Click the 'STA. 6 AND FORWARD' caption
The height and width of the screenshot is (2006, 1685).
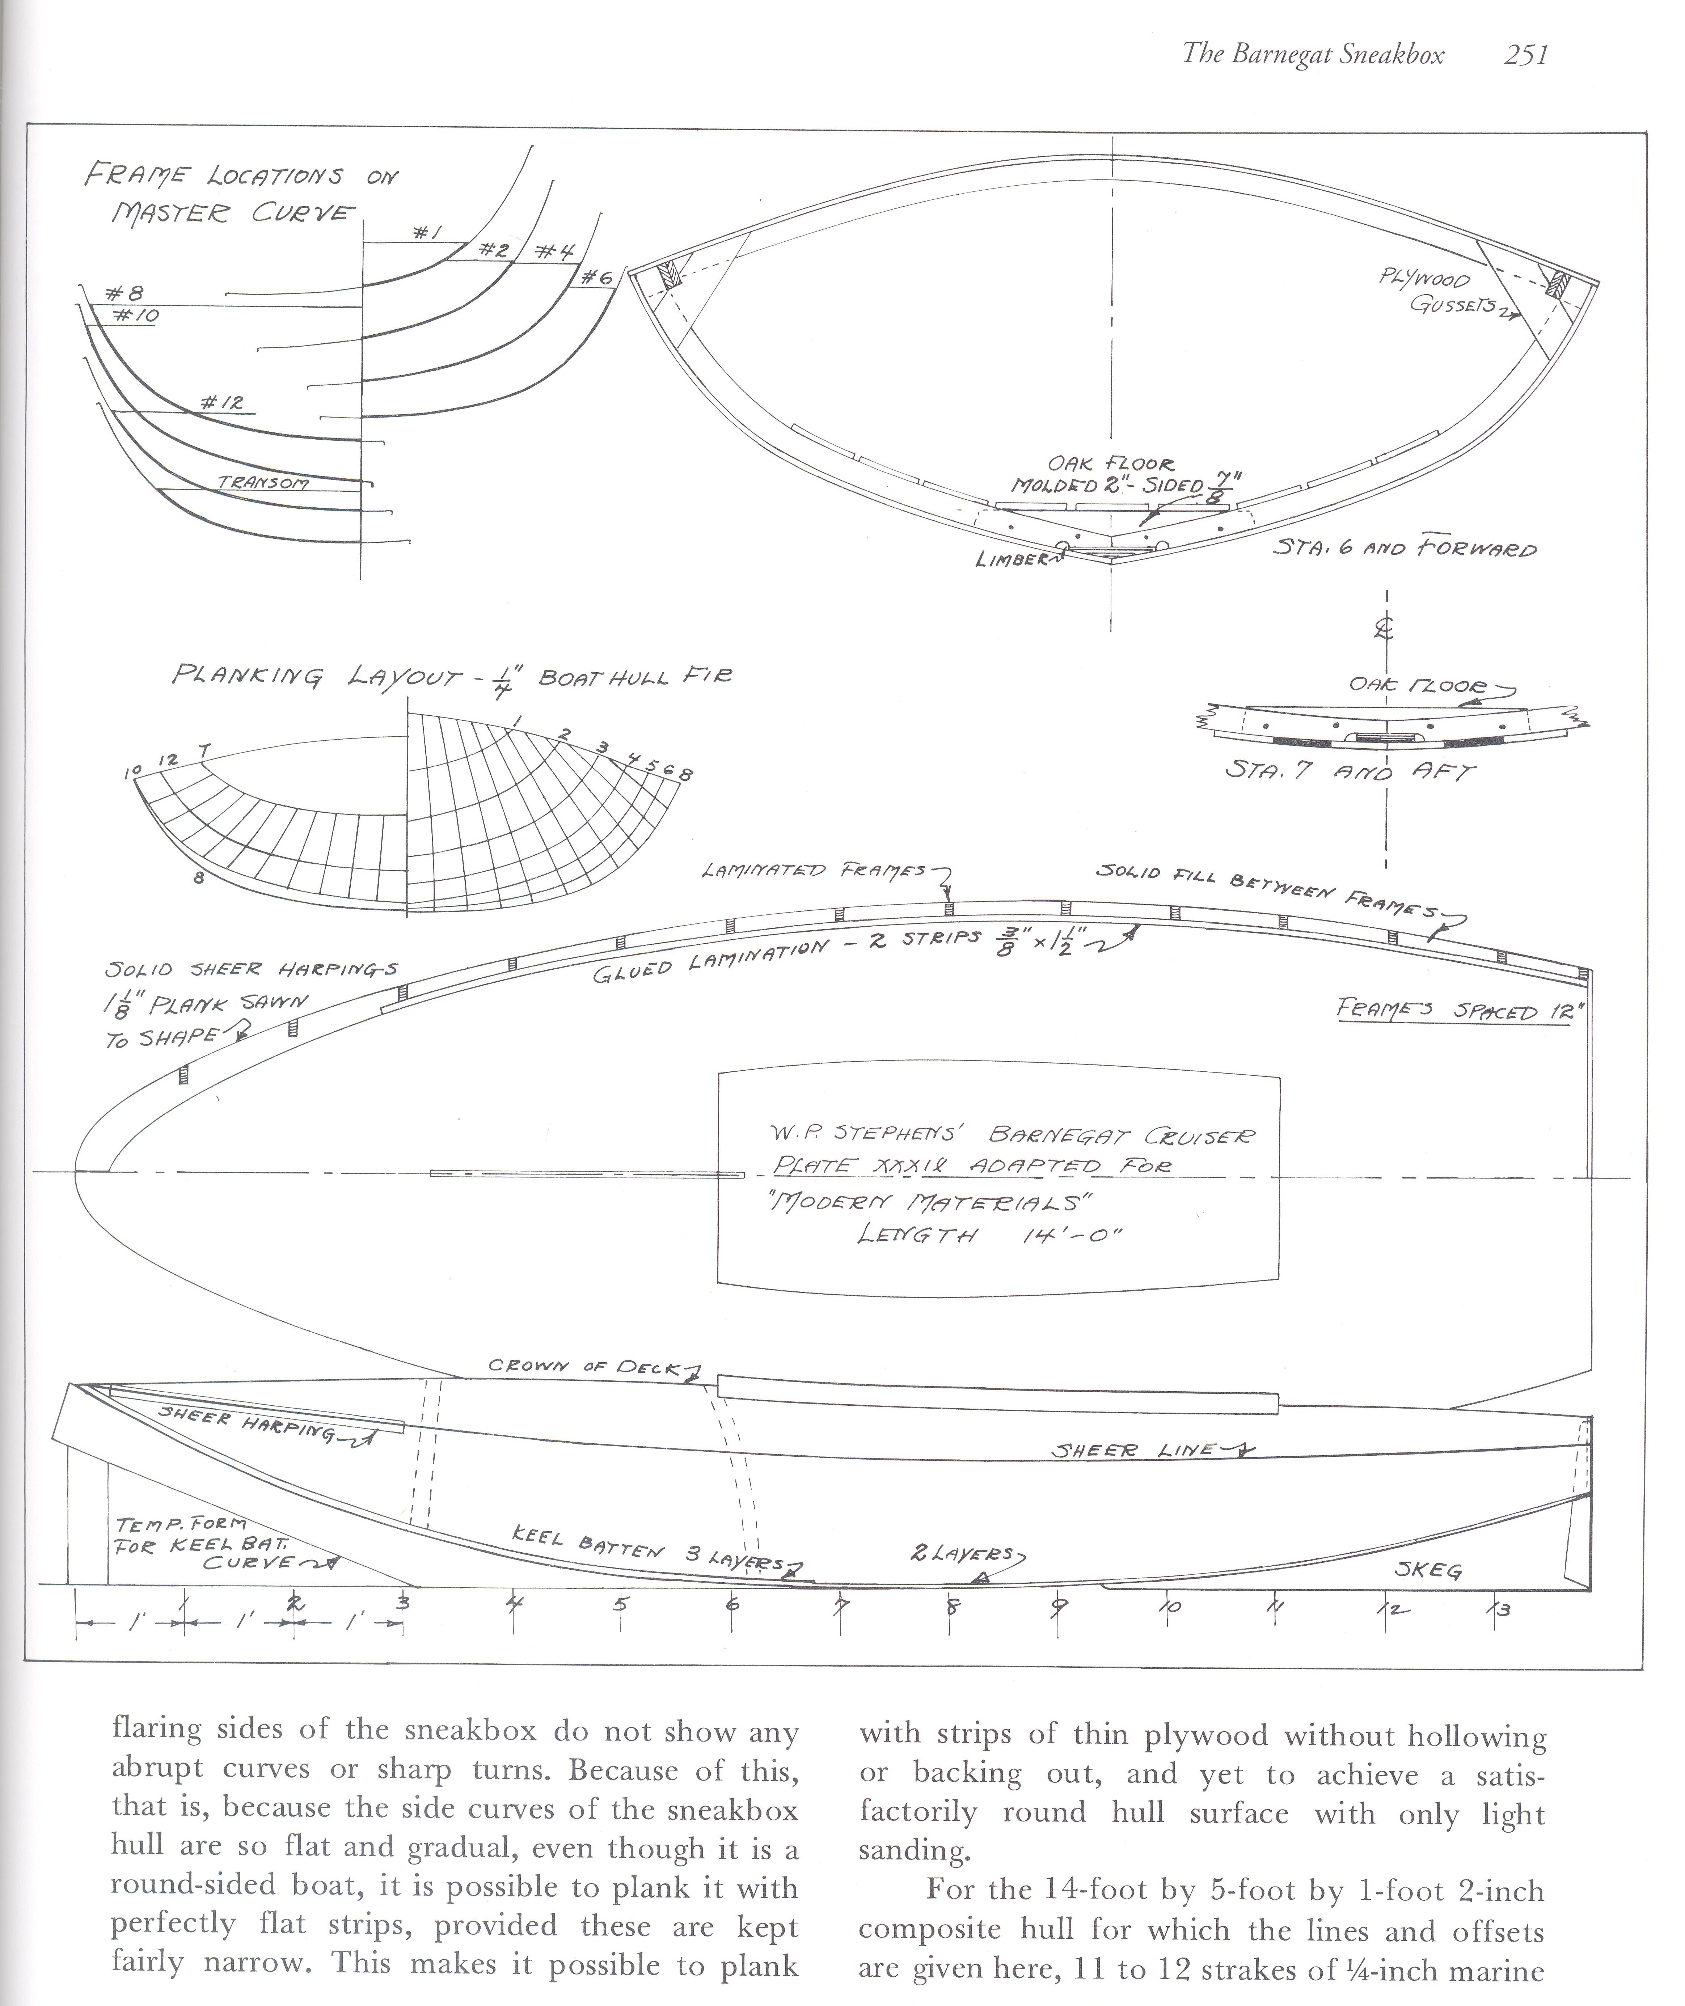1404,549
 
